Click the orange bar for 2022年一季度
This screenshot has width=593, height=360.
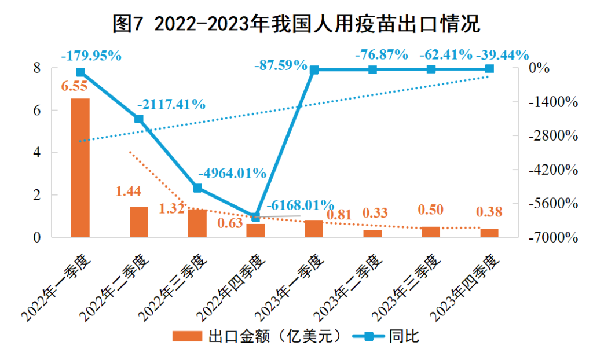coord(80,168)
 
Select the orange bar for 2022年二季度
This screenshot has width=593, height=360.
coord(139,222)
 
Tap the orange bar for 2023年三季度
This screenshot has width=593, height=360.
coord(430,232)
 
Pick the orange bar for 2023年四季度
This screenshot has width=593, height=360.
coord(489,233)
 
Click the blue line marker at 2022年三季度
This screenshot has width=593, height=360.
coord(197,188)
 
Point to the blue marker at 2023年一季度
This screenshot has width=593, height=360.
coord(314,70)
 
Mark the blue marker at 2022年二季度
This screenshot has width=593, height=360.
coord(139,119)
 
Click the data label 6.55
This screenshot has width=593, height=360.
coord(75,87)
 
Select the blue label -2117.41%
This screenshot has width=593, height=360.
coord(171,105)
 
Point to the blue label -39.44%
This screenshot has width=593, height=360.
coord(502,55)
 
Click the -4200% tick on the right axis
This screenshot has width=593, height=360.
coord(554,170)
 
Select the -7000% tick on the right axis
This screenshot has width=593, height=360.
coord(554,238)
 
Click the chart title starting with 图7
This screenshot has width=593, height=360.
coord(296,24)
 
